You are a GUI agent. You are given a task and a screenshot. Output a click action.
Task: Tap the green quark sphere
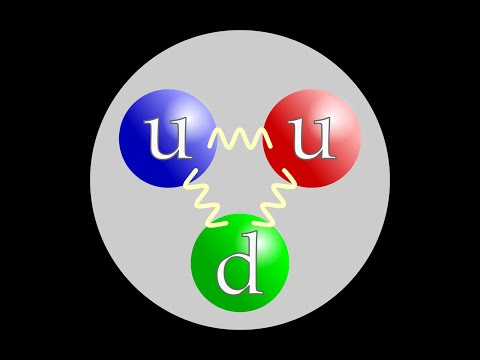pos(240,261)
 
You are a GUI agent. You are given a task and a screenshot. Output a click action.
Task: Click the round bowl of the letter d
pos(236,275)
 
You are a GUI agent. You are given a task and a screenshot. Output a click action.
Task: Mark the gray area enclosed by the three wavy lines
pos(240,175)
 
